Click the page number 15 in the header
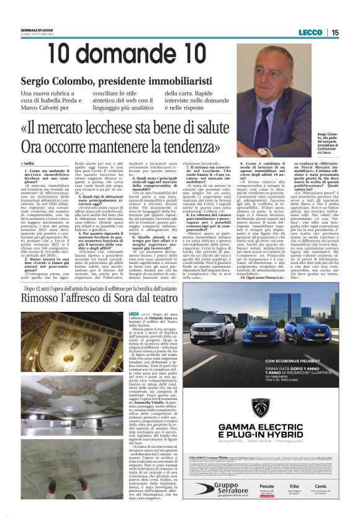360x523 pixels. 335,32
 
